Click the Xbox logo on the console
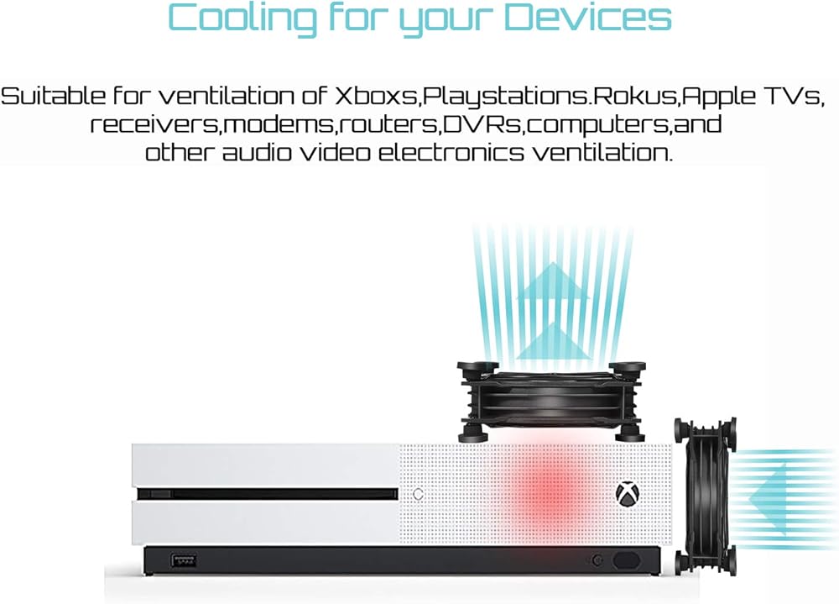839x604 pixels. (627, 494)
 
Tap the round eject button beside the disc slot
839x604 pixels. (418, 494)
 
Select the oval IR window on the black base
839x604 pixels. (628, 560)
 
